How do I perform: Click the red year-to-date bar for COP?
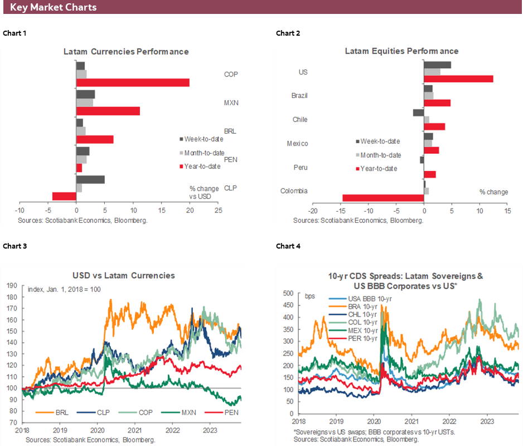(x=133, y=82)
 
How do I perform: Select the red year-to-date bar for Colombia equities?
(x=383, y=197)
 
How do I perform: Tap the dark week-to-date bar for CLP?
(x=90, y=179)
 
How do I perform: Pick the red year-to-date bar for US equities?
(x=458, y=79)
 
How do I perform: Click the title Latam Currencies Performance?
(x=125, y=51)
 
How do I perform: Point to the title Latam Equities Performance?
(x=401, y=51)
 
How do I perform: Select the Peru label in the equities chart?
(x=299, y=167)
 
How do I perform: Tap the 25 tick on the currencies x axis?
(x=218, y=211)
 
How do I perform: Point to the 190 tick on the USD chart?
(x=10, y=285)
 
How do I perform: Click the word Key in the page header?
(x=20, y=7)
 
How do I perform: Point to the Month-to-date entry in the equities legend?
(x=380, y=155)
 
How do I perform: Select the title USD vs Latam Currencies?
(x=123, y=275)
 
